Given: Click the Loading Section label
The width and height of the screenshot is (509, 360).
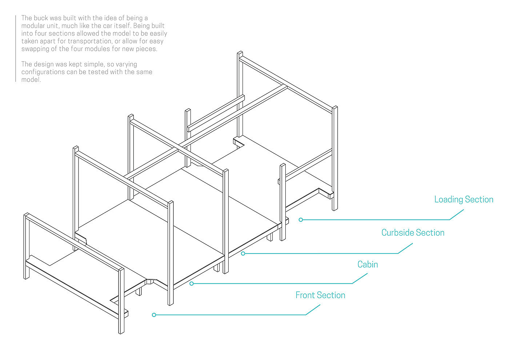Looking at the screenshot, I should click(x=464, y=200).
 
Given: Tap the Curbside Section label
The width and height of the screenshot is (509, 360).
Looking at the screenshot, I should click(x=413, y=233).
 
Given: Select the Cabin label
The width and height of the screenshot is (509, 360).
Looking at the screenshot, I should click(x=368, y=264).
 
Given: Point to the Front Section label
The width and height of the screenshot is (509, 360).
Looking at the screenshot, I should click(x=320, y=295).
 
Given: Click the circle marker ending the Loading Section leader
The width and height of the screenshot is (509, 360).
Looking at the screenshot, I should click(x=301, y=220).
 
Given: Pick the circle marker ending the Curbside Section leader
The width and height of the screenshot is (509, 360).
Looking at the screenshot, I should click(x=243, y=253).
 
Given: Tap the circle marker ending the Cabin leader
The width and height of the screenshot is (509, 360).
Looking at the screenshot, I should click(x=192, y=284).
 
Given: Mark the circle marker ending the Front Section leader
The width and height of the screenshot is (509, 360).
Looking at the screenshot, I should click(x=154, y=315).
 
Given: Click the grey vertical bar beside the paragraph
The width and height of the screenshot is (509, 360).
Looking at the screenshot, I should click(x=16, y=48).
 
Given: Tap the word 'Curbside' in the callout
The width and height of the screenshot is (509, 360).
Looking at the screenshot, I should click(x=397, y=233).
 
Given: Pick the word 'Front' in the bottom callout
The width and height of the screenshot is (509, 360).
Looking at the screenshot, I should click(x=305, y=295).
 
